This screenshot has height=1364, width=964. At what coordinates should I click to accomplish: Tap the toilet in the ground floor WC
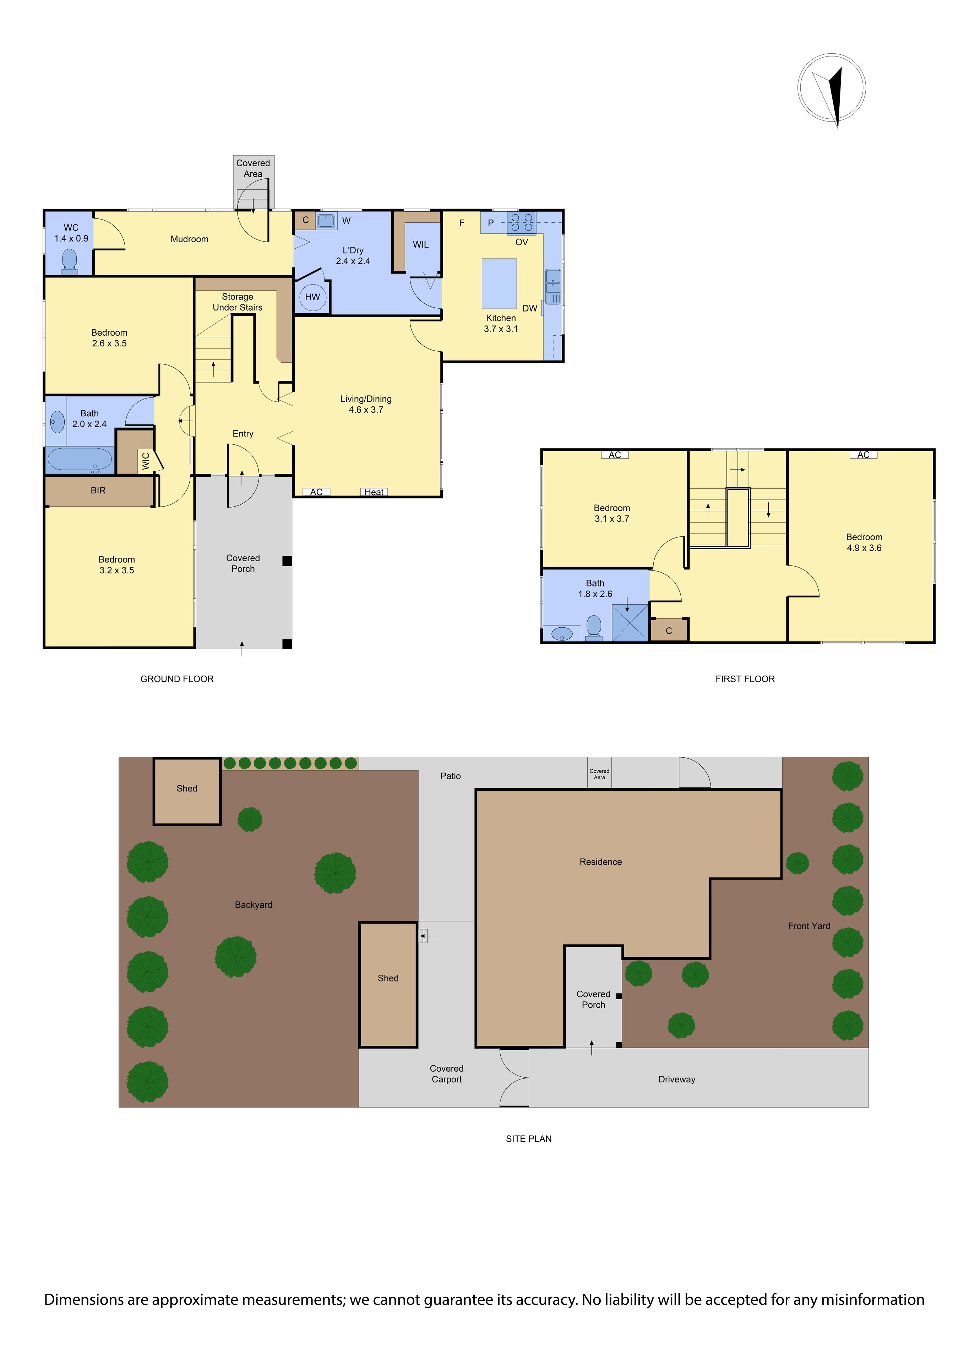[70, 261]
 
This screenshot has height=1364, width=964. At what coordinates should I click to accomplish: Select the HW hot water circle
[312, 297]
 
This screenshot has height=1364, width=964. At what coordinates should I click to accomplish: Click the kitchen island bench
[499, 283]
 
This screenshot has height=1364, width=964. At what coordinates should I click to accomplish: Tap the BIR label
[98, 490]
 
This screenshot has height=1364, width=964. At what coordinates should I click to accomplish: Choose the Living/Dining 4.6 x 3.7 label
[366, 404]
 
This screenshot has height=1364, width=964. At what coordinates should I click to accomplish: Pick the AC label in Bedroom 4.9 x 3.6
[863, 454]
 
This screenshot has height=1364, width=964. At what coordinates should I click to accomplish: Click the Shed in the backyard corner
[187, 791]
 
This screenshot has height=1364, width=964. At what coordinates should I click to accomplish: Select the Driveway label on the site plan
[676, 1079]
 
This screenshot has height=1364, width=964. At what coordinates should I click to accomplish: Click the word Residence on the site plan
[600, 862]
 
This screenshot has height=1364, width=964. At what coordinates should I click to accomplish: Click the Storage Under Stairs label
[238, 302]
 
